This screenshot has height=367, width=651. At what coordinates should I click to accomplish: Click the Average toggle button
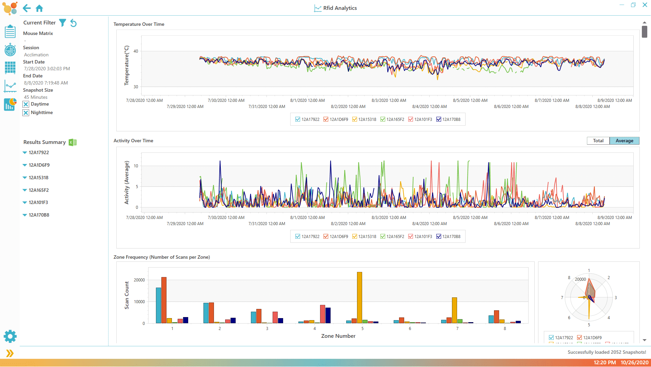pos(624,141)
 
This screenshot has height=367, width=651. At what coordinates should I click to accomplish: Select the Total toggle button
pos(598,141)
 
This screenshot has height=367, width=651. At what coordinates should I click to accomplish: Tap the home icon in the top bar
pos(39,8)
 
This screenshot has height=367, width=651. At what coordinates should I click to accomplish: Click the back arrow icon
pos(27,8)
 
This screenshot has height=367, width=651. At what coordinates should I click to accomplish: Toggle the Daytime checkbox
pos(26,104)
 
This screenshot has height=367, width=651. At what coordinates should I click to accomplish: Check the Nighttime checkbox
pos(26,113)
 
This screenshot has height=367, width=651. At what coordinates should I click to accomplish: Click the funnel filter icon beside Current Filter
pos(62,23)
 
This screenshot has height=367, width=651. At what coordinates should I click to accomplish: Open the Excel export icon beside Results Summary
pos(73,142)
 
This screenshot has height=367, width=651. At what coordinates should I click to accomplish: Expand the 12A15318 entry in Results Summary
pos(25,178)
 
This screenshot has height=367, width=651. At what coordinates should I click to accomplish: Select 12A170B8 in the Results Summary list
pos(39,215)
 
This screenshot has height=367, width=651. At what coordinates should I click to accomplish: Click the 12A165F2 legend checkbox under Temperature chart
pos(383,119)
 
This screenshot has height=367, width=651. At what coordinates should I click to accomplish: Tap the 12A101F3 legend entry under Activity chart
pos(411,237)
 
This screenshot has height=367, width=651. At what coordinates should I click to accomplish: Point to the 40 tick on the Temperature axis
pos(136,51)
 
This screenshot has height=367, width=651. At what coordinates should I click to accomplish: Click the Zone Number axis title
pos(338,336)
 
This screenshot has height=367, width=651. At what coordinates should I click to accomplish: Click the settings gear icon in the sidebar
pos(10,336)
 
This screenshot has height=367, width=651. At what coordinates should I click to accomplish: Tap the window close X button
pos(645,5)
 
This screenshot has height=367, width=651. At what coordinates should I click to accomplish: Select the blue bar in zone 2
pos(206,313)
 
